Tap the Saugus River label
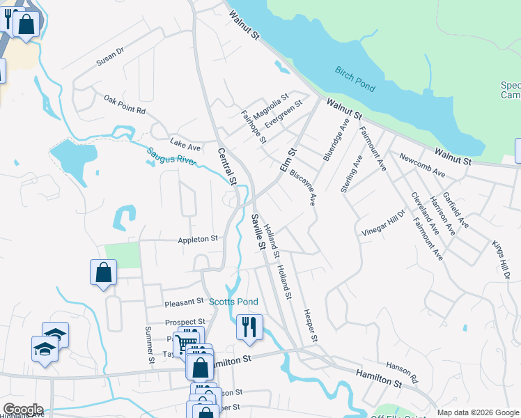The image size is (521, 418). point(171,157)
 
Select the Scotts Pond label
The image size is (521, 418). point(233,302)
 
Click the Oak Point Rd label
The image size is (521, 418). point(124,105)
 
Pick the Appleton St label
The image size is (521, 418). point(198,238)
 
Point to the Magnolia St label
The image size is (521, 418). point(271,107)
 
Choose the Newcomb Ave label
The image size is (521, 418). point(421,163)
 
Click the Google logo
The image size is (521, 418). point(22,410)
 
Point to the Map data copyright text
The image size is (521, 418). point(477,412)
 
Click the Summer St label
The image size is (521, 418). point(148,345)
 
